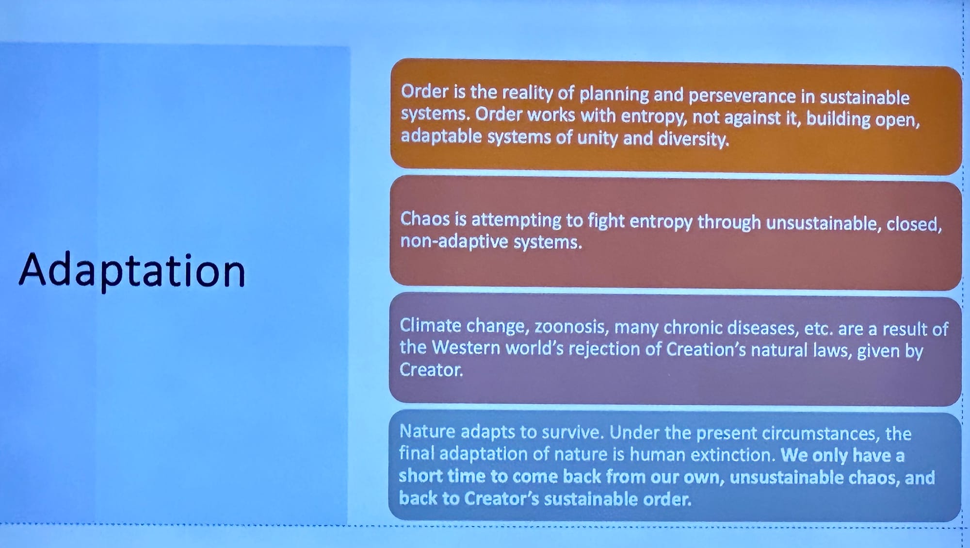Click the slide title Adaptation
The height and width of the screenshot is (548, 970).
tap(132, 270)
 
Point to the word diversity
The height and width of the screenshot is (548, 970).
tap(693, 139)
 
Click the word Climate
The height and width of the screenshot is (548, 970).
tap(430, 325)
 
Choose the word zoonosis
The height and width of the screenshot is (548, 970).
tap(571, 327)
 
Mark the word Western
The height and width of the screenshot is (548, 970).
tap(466, 348)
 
